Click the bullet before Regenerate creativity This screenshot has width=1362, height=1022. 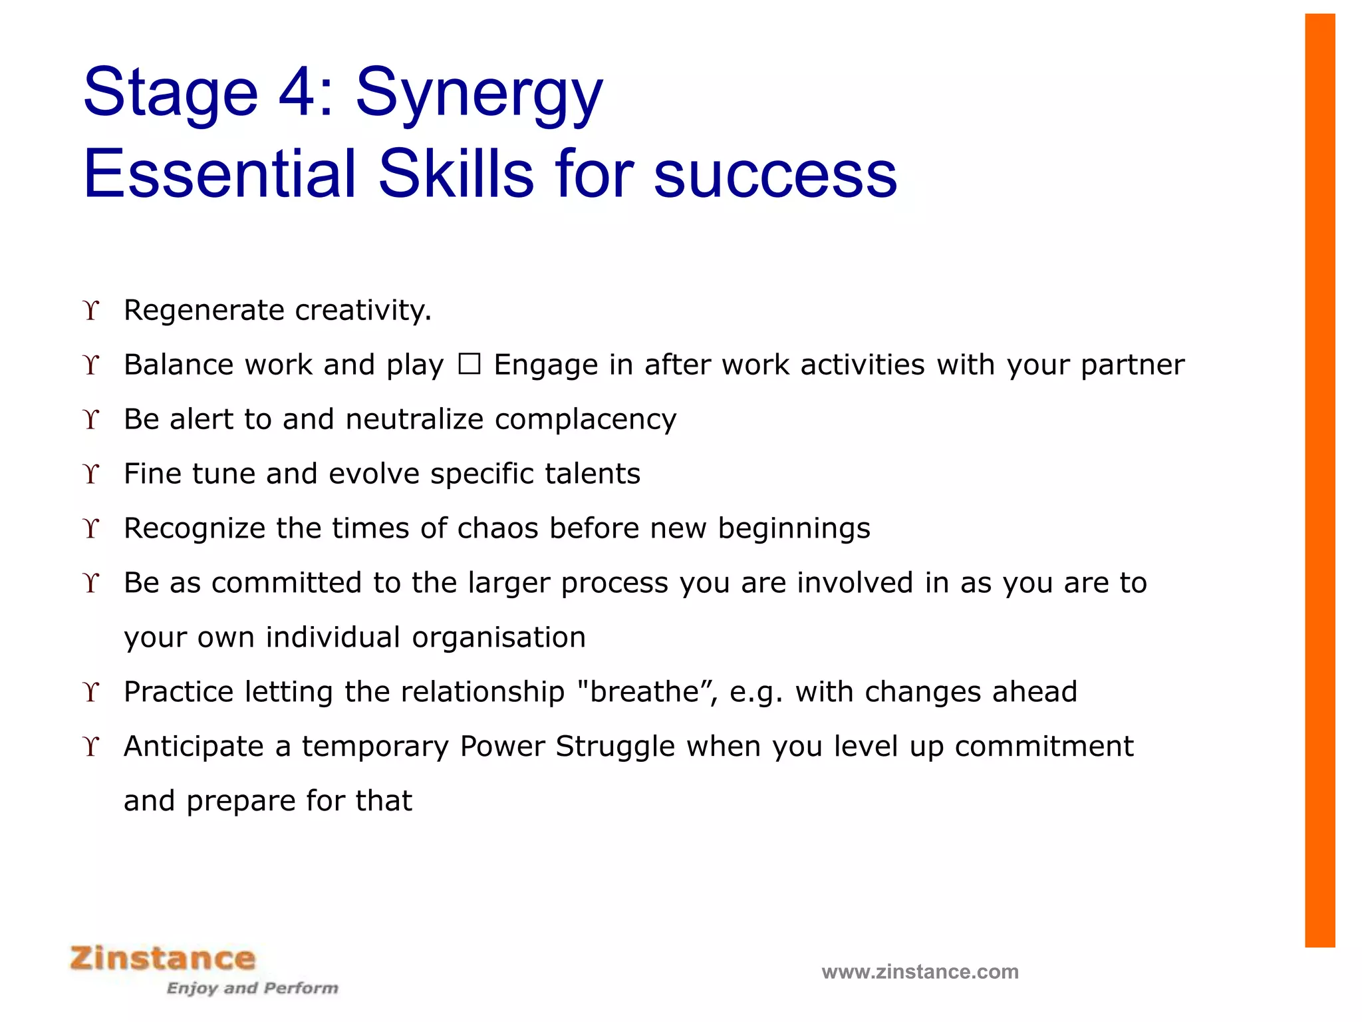(91, 310)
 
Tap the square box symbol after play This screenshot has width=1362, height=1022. (469, 365)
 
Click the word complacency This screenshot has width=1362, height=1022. (585, 420)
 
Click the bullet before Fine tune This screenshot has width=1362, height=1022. (91, 474)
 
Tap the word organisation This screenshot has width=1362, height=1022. (499, 637)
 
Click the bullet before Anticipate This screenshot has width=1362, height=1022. (91, 747)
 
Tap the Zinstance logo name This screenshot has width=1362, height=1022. (163, 959)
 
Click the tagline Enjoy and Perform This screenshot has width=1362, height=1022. (252, 988)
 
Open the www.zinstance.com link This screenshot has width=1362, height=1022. (920, 972)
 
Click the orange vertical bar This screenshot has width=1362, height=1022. (1319, 479)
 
